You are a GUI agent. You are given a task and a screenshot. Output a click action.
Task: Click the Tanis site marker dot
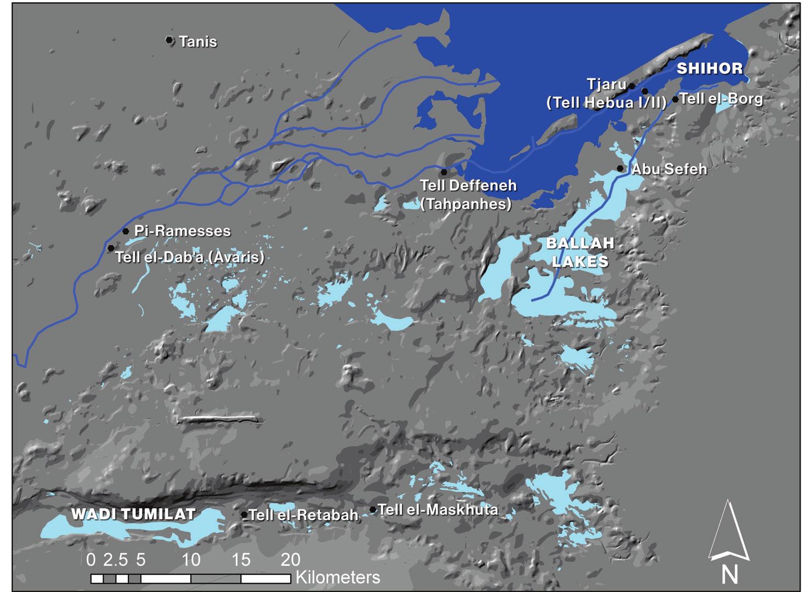coord(169,40)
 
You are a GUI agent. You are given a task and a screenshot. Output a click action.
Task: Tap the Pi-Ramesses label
coord(183,231)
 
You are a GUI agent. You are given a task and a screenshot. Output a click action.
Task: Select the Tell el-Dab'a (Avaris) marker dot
coord(111,248)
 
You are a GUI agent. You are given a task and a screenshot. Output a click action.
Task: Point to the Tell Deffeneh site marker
coord(444,172)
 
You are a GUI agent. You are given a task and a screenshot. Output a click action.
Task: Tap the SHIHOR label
coord(710,69)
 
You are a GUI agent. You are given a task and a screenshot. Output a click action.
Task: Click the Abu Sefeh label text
coord(669,169)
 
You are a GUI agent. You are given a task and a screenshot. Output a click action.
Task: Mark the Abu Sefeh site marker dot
coord(620,168)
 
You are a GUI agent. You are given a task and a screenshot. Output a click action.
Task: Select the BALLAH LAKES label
coord(580,252)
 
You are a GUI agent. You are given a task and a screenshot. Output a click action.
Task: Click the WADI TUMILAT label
coord(133,514)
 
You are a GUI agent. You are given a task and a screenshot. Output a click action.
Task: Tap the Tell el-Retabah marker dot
coord(245,515)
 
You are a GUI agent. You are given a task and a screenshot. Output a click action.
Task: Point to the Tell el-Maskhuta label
coord(438,510)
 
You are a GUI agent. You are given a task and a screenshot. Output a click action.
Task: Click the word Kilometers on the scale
coord(337,577)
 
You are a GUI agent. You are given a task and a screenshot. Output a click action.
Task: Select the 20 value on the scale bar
coord(291,560)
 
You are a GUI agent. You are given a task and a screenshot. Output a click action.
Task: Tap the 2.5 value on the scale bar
coord(115,560)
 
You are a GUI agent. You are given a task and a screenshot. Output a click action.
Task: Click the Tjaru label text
coord(606,85)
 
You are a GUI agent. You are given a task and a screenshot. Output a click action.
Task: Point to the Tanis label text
coord(198,42)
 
